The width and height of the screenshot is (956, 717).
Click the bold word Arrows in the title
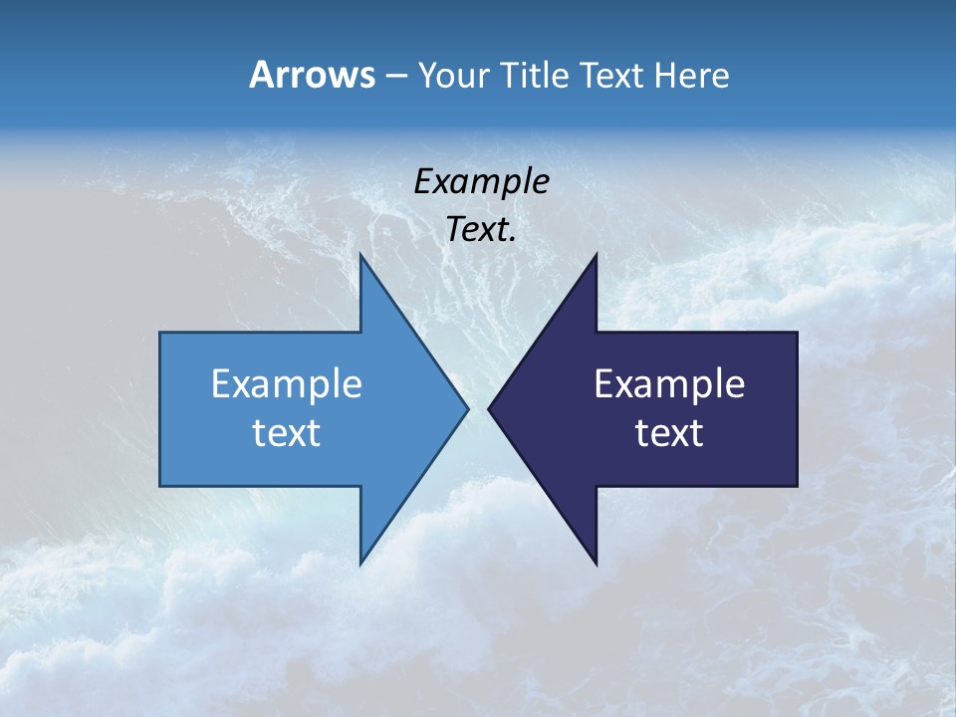click(x=311, y=76)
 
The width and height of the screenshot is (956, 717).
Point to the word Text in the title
click(x=613, y=76)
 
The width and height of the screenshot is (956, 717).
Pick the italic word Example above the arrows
click(x=481, y=181)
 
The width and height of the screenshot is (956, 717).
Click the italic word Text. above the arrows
click(x=481, y=230)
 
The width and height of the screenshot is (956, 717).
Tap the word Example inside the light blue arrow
click(x=287, y=384)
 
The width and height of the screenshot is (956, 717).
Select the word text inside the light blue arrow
click(x=287, y=433)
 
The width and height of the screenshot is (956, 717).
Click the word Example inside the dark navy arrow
click(x=669, y=384)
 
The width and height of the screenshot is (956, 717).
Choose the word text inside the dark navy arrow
click(x=669, y=433)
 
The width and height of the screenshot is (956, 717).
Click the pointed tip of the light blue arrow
click(x=466, y=408)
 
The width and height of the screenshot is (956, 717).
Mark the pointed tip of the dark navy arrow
click(x=490, y=408)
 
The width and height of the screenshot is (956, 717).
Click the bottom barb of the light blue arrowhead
click(x=361, y=562)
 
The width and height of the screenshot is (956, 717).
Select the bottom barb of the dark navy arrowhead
click(x=595, y=562)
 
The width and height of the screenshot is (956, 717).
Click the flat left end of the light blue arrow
click(x=161, y=408)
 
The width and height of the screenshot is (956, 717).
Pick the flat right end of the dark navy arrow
click(x=796, y=408)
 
